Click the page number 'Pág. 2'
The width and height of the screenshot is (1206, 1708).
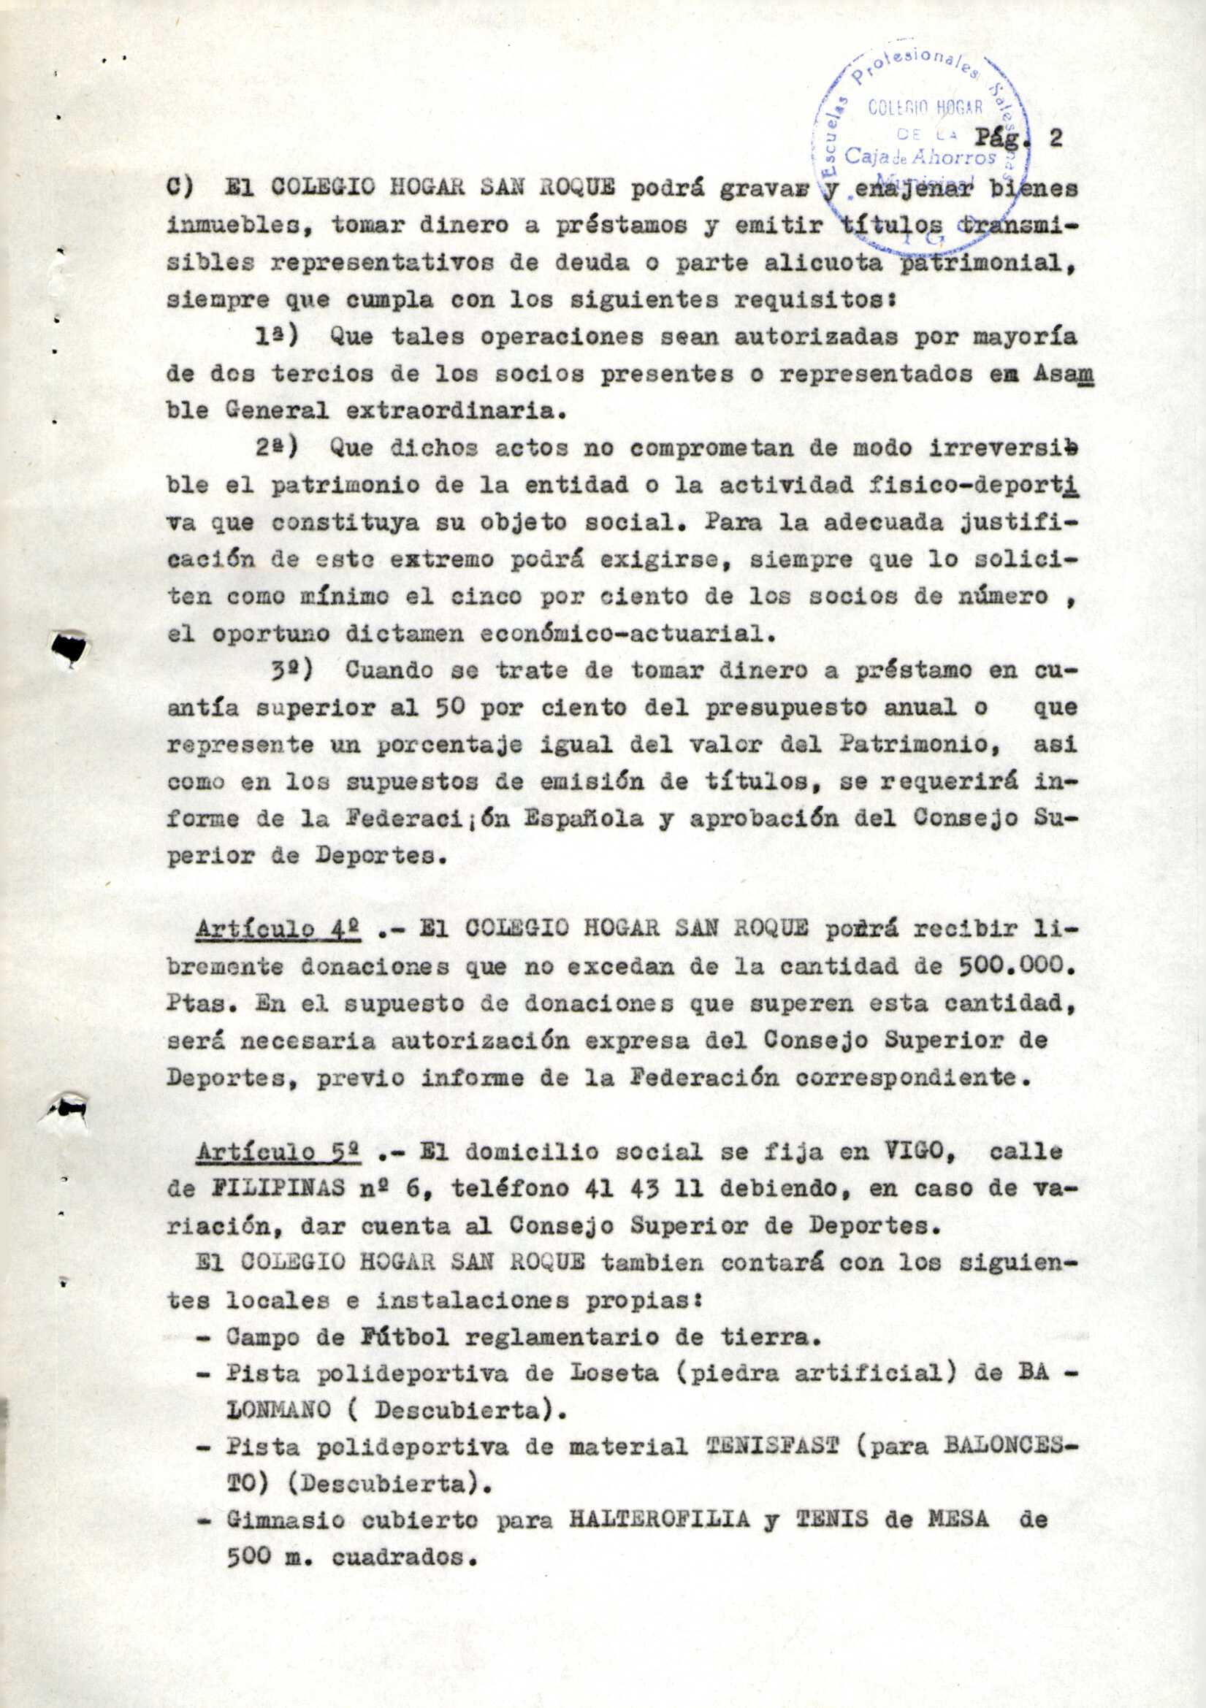point(1018,139)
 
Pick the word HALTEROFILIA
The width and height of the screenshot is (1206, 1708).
point(658,1521)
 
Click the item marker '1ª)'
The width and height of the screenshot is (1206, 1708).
point(276,337)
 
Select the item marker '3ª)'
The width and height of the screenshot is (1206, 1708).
point(291,669)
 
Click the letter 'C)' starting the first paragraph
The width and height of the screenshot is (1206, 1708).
point(180,189)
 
